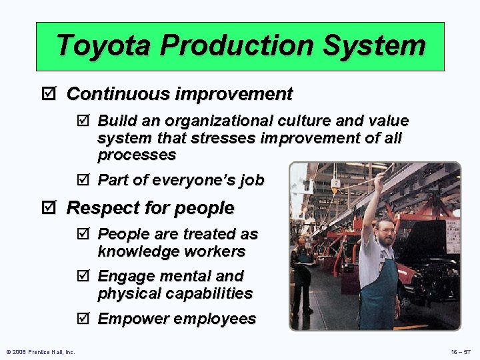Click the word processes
(137, 155)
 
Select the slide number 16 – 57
(461, 351)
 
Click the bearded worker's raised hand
(379, 179)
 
